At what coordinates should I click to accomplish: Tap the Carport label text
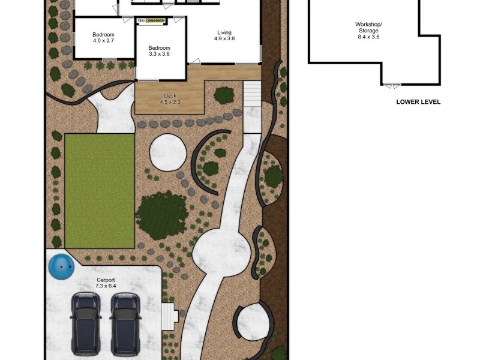coord(106,280)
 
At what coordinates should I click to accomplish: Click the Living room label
coord(224,33)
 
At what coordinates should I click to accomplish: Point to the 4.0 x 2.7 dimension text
coord(104,41)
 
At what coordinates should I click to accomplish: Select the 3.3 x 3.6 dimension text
coord(160,54)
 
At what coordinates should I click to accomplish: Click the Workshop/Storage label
coord(368,28)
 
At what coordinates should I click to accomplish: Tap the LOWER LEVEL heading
coord(418,102)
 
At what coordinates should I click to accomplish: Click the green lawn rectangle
coord(99,190)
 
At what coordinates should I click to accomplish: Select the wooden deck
coord(170,98)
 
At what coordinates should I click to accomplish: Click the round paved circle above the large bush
coord(167,152)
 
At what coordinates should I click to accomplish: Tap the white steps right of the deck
coord(252,94)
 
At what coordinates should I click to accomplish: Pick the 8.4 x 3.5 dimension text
coord(368,37)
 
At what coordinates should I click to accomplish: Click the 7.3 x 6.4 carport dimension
coord(106,286)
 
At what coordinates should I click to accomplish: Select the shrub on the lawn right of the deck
coord(224,95)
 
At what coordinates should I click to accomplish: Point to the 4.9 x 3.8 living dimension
coord(224,40)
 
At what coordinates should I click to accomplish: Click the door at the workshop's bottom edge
coord(392,86)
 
